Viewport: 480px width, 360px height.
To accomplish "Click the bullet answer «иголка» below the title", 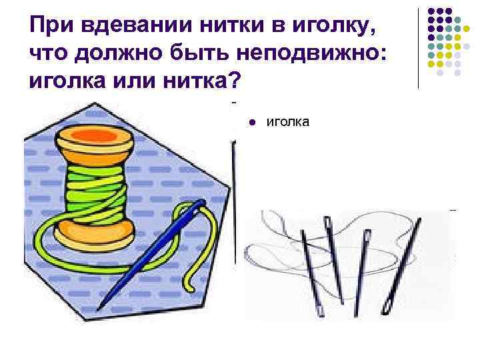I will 287,122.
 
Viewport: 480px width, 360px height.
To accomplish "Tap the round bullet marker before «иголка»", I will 253,123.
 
